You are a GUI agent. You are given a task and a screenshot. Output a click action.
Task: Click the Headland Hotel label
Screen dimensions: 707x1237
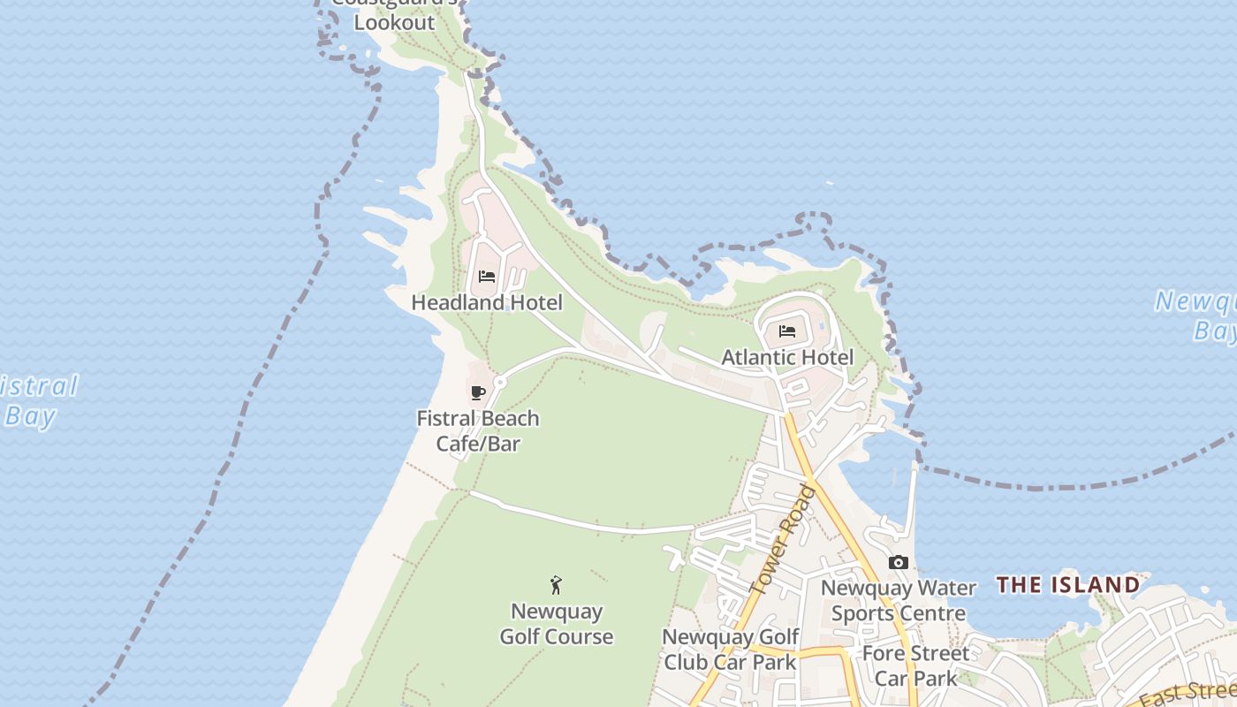click(x=487, y=302)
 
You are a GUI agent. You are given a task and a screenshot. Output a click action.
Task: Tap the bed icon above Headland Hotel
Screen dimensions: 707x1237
click(x=487, y=277)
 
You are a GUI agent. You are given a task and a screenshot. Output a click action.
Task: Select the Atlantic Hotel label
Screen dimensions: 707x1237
click(x=787, y=357)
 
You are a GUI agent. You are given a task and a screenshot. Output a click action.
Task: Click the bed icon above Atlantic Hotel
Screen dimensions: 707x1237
click(x=787, y=332)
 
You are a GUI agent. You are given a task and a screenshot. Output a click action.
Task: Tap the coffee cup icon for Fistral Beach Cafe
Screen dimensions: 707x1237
click(x=478, y=392)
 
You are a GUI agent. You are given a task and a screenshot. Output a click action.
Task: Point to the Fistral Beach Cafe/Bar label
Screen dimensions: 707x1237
click(x=478, y=430)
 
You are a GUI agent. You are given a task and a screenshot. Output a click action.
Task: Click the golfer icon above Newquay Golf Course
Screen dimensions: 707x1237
click(x=556, y=585)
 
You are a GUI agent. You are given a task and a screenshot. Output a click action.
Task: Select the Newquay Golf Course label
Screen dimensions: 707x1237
click(x=557, y=624)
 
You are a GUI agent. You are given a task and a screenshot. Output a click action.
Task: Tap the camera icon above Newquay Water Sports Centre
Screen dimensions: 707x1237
click(x=899, y=563)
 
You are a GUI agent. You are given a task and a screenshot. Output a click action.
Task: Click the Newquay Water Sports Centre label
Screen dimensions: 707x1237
click(x=899, y=600)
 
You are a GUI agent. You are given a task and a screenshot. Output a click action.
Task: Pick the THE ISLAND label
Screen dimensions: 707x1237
click(x=1068, y=585)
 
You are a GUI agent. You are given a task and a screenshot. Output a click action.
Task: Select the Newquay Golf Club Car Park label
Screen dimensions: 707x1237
click(x=730, y=649)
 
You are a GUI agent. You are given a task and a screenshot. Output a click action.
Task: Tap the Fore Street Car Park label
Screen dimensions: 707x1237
click(x=915, y=665)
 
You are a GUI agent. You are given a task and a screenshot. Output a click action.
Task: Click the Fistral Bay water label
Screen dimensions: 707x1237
click(x=35, y=401)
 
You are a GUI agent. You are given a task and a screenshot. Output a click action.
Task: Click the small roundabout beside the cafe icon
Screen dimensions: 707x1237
click(x=500, y=383)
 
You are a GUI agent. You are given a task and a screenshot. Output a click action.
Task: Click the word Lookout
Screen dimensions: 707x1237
click(x=395, y=23)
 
